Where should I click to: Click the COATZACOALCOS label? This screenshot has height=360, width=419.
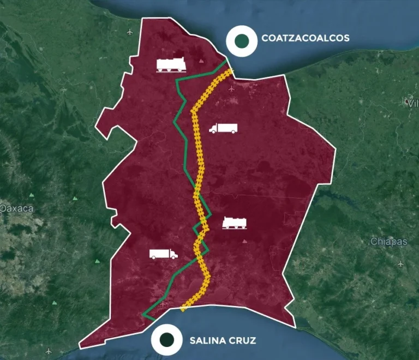[x=305, y=38]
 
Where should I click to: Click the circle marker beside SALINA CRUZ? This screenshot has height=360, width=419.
[x=167, y=340]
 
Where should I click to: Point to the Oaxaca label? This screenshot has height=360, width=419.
[x=17, y=208]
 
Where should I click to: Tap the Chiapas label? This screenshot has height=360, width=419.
[x=388, y=242]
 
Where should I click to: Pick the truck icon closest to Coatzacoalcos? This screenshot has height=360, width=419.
[x=223, y=129]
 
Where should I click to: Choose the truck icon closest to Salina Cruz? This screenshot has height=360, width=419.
[x=163, y=254]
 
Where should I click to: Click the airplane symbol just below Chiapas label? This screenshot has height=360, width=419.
[x=402, y=264]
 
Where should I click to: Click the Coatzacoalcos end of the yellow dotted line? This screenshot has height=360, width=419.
[x=231, y=71]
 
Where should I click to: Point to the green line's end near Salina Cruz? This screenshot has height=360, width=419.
[x=143, y=315]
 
